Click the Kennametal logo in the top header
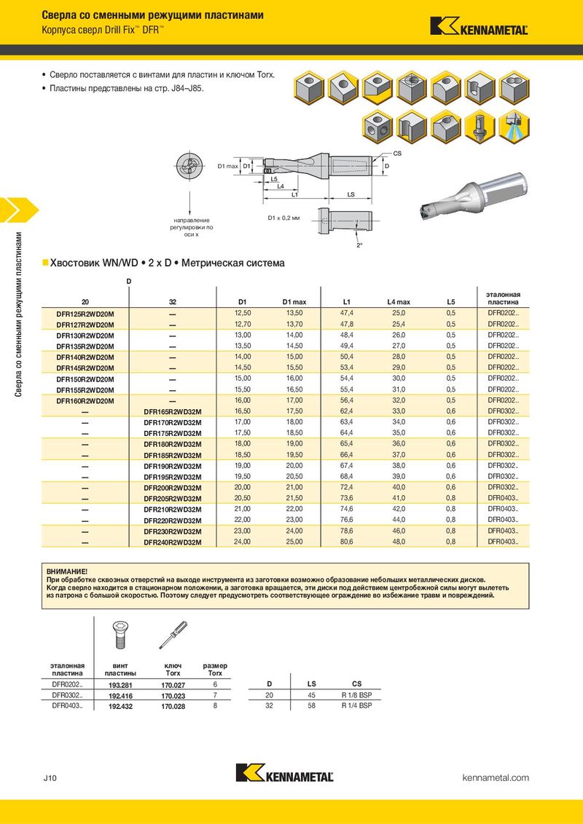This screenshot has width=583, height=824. (x=479, y=27)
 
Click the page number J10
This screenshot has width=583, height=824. (x=50, y=778)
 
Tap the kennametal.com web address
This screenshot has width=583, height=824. (x=496, y=778)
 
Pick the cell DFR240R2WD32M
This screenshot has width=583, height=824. (x=173, y=542)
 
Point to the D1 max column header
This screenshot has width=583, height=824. (x=294, y=301)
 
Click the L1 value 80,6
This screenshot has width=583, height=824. (x=346, y=542)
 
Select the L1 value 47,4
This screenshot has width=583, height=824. (x=346, y=313)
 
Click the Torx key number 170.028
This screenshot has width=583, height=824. (x=173, y=705)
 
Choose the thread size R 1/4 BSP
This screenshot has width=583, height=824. (x=356, y=705)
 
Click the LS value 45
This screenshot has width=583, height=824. (x=312, y=695)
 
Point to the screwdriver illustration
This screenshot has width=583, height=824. (x=173, y=635)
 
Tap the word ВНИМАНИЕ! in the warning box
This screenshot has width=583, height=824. (x=66, y=573)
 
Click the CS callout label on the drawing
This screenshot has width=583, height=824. (x=397, y=154)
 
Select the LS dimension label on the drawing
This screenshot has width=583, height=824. (x=351, y=194)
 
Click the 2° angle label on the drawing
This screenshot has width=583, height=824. (x=359, y=246)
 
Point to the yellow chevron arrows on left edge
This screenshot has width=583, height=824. (x=9, y=210)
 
